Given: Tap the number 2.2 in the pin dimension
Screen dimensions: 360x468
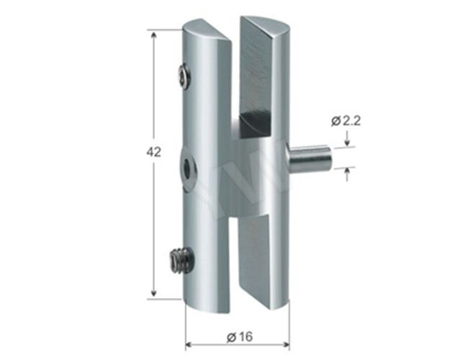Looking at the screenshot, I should (350, 121).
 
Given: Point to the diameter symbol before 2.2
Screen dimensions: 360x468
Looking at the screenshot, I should (335, 121).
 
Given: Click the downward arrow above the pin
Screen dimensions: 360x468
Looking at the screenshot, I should (346, 142).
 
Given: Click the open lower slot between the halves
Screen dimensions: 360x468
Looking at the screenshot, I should (233, 252).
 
